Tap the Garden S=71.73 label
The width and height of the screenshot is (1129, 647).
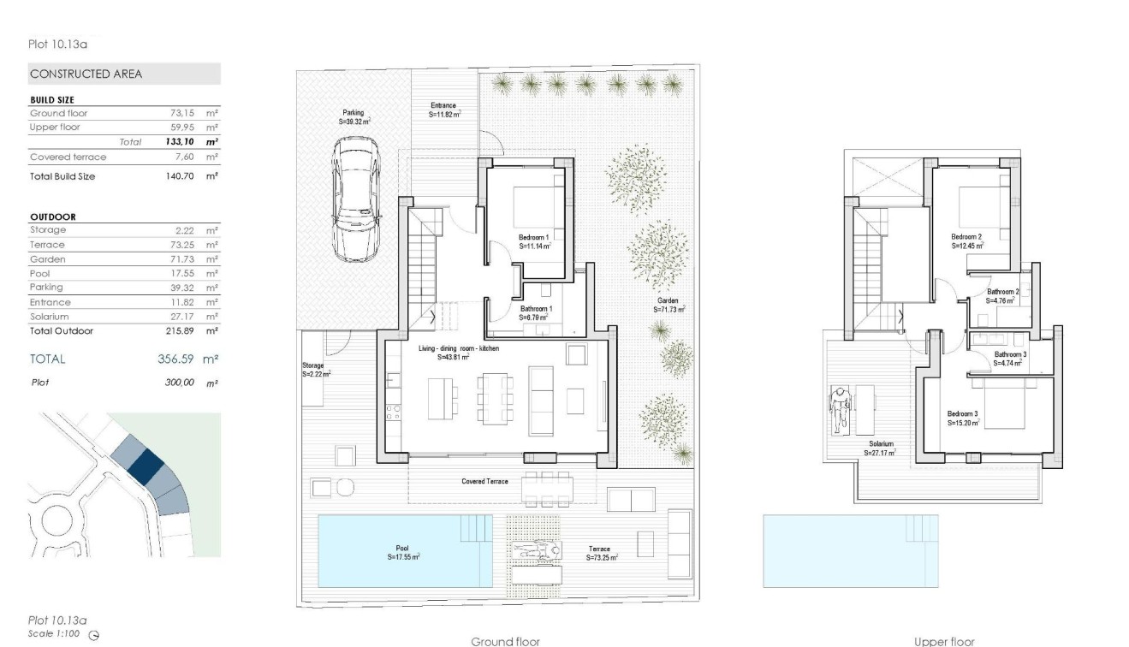point(667,305)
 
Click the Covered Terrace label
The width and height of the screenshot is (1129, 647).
point(484,482)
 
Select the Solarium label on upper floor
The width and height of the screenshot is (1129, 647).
point(881,448)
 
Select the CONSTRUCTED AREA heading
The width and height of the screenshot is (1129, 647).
point(86,74)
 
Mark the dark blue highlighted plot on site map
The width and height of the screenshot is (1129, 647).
point(146,466)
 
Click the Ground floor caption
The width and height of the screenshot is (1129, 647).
point(505,641)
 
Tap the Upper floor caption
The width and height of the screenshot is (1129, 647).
point(943,641)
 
